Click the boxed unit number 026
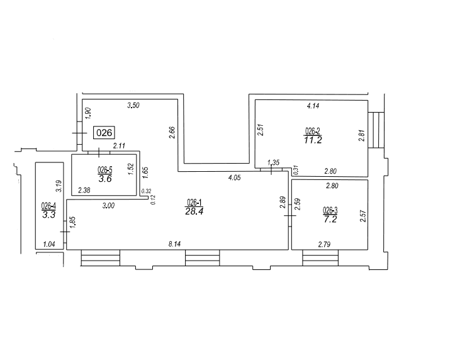(104, 133)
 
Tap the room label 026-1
(194, 202)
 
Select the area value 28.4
(194, 211)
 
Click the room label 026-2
(313, 131)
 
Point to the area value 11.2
(313, 140)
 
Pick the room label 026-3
(330, 210)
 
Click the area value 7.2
(330, 219)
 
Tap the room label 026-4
(48, 206)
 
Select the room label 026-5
(104, 170)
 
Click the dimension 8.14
(174, 244)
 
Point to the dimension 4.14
(313, 106)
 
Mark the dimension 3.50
(133, 105)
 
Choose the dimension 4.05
(234, 177)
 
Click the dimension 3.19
(59, 186)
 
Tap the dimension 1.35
(273, 162)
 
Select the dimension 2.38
(84, 190)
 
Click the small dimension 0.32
(146, 191)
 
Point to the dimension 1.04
(48, 244)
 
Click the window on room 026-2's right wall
(376, 130)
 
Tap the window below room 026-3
(320, 258)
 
